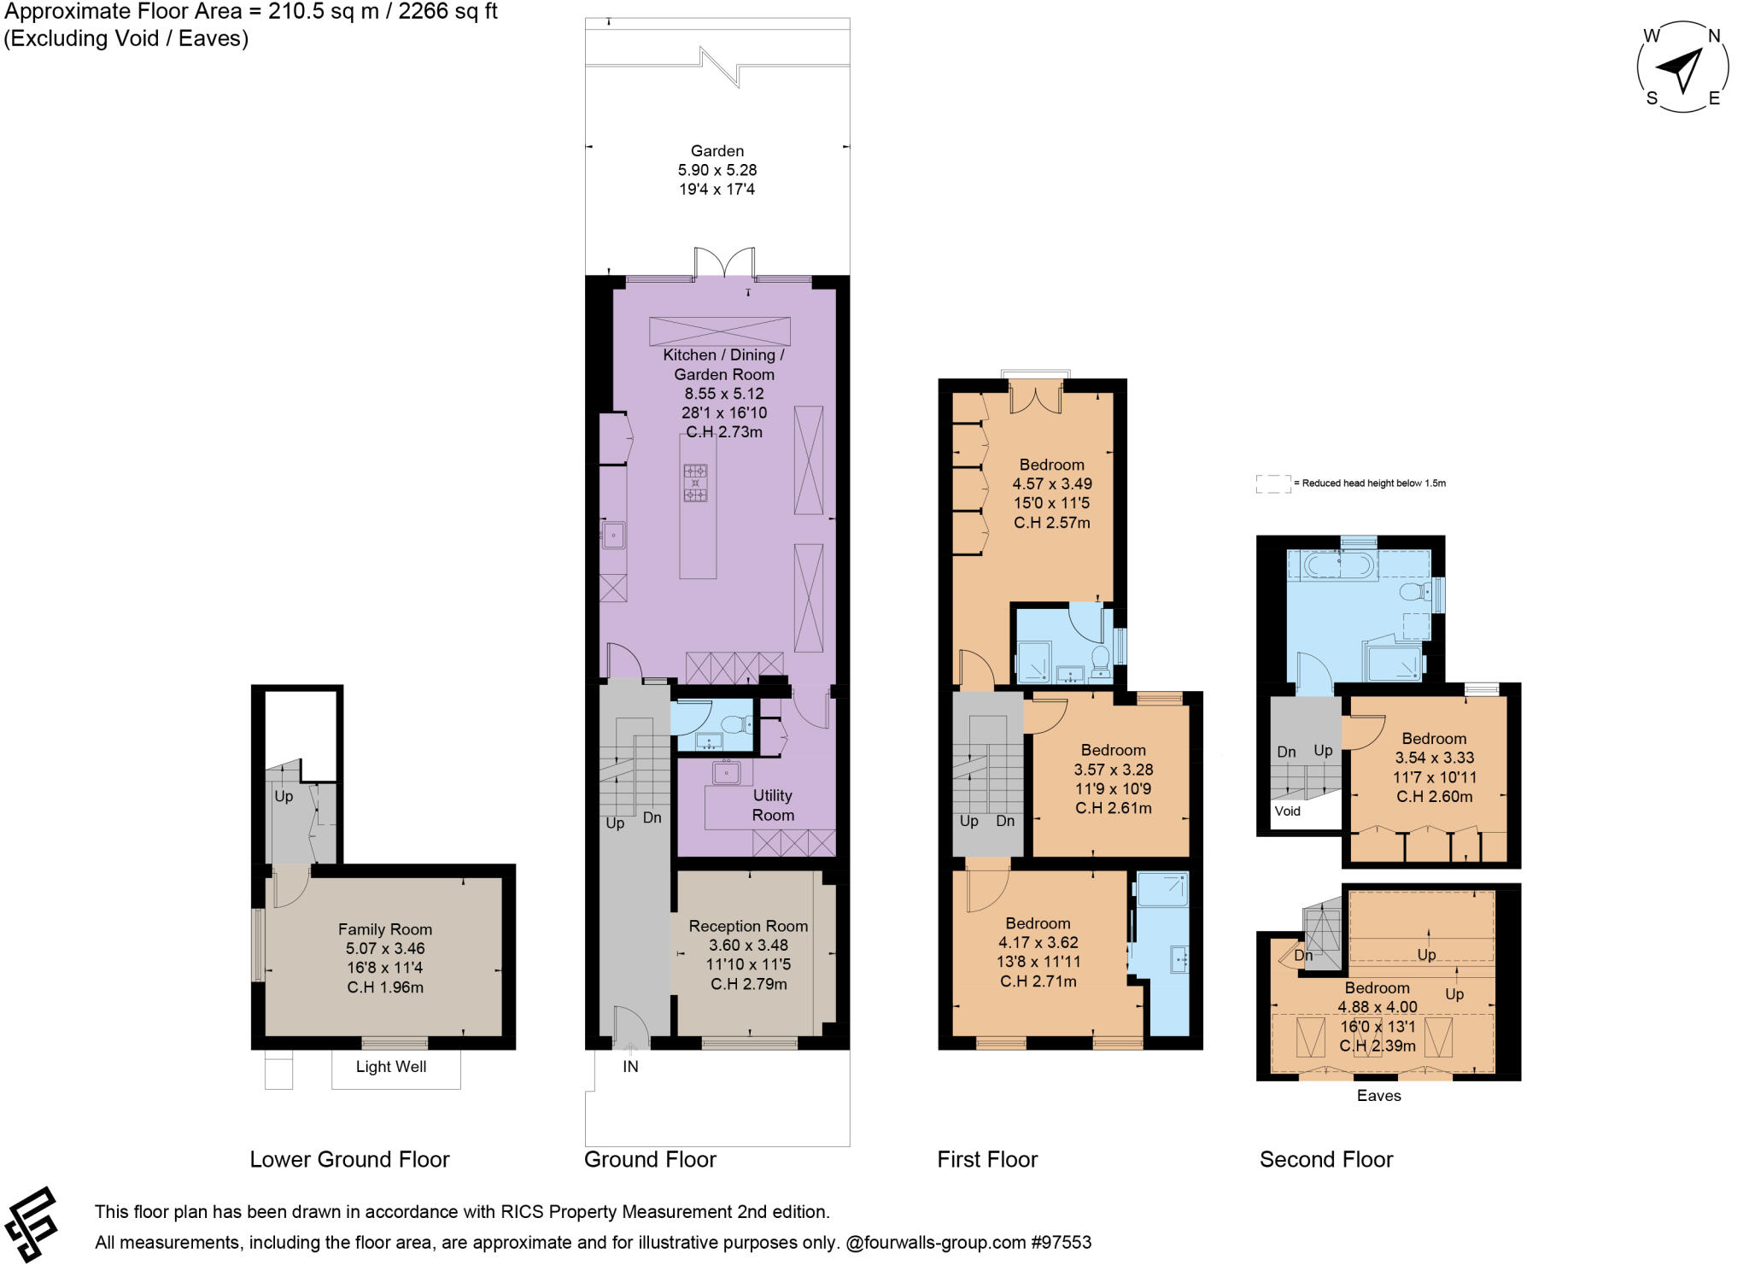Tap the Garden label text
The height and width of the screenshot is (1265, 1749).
717,151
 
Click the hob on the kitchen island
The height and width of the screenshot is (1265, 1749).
695,483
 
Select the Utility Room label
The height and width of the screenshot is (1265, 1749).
772,805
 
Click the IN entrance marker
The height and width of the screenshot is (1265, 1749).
630,1066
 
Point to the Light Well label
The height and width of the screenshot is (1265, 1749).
391,1066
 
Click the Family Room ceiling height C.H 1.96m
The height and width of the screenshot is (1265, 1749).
385,987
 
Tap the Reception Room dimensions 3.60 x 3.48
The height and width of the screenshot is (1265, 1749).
748,945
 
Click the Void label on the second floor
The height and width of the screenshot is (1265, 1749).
1287,811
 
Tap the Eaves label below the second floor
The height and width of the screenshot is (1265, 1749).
1378,1095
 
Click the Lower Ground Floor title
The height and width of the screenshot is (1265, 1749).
349,1159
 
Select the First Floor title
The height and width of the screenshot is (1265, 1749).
987,1159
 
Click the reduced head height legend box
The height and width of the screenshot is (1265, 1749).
1272,483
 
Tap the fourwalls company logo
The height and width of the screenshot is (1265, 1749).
31,1224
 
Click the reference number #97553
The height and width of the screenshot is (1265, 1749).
1061,1242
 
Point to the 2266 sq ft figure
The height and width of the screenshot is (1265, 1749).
444,12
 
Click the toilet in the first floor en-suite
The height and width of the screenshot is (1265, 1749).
1100,659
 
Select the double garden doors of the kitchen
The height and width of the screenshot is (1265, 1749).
724,262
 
